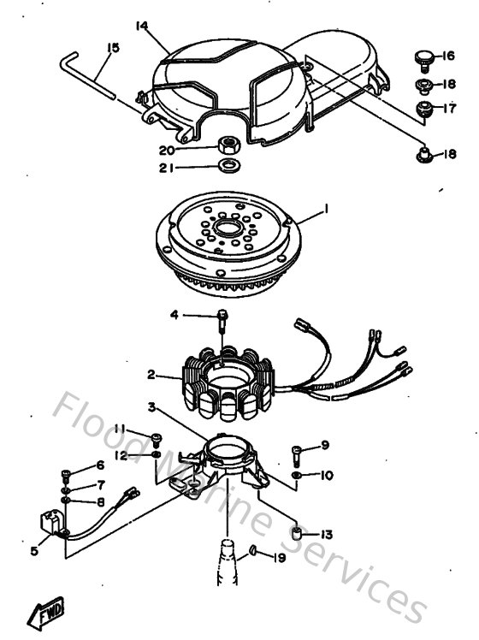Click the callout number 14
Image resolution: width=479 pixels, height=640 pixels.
(x=141, y=26)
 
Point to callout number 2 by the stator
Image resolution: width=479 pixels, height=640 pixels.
(x=151, y=374)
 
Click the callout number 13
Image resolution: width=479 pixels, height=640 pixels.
(x=326, y=534)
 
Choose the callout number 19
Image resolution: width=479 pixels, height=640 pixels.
(x=279, y=558)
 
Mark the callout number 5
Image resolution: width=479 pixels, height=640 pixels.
(x=34, y=551)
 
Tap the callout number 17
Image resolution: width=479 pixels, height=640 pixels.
(x=447, y=108)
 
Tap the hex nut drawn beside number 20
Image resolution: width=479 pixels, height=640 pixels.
(x=228, y=144)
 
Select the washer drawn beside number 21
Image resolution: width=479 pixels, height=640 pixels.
(x=228, y=164)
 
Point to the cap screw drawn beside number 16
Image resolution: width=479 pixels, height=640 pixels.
(x=421, y=57)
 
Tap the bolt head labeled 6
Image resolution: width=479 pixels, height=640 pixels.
(x=67, y=470)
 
